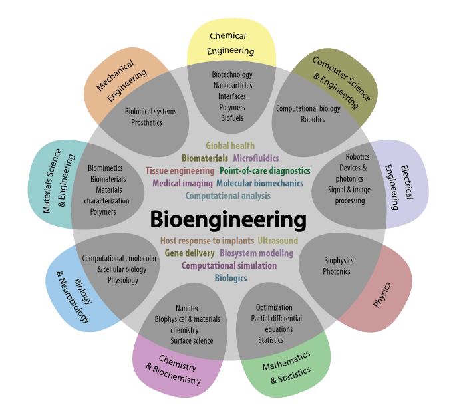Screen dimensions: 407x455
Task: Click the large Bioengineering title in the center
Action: coord(227,219)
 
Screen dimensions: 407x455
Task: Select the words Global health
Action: coord(230,146)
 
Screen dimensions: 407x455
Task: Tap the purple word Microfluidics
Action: coord(256,158)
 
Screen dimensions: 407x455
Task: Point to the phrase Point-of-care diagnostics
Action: coord(264,171)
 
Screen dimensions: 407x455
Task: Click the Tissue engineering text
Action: coord(180,171)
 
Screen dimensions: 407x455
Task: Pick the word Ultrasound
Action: coord(277,241)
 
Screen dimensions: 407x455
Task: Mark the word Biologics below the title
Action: coord(231,278)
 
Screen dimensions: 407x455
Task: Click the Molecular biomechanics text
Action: coord(259,184)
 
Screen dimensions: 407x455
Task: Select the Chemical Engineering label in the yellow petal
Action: coord(230,43)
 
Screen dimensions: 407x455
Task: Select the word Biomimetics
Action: coord(108,168)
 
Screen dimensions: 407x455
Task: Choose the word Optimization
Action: coord(274,307)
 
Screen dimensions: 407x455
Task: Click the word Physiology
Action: coord(123,280)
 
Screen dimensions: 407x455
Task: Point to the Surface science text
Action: coord(192,341)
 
